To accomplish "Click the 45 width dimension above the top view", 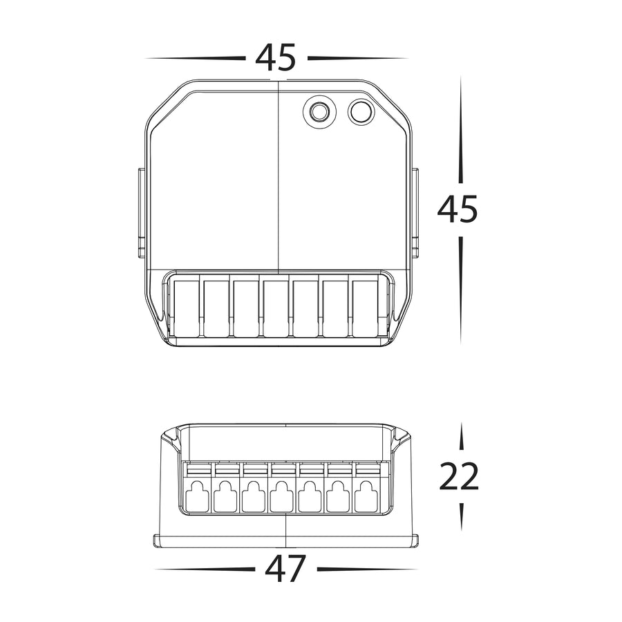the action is (x=275, y=58).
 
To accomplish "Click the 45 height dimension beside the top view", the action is (x=458, y=209).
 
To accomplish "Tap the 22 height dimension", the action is (x=459, y=476).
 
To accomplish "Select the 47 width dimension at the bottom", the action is (x=285, y=569).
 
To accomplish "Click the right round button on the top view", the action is (x=361, y=112).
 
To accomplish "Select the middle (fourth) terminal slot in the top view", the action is (x=276, y=309).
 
